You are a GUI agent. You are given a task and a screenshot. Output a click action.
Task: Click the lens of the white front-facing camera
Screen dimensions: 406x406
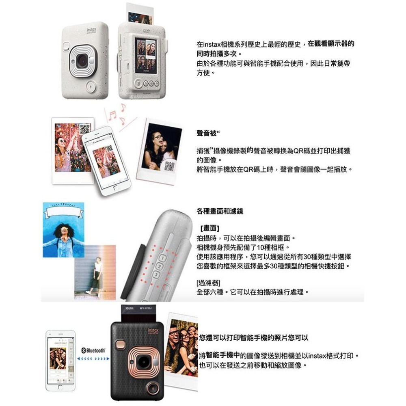pyautogui.click(x=82, y=61)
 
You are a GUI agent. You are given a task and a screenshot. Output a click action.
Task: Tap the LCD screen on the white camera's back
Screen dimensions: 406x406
pyautogui.click(x=145, y=56)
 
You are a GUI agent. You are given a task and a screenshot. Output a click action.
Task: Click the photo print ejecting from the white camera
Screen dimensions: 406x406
pyautogui.click(x=140, y=14)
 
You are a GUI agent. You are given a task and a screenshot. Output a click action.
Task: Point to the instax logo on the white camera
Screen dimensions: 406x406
pyautogui.click(x=92, y=30)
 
